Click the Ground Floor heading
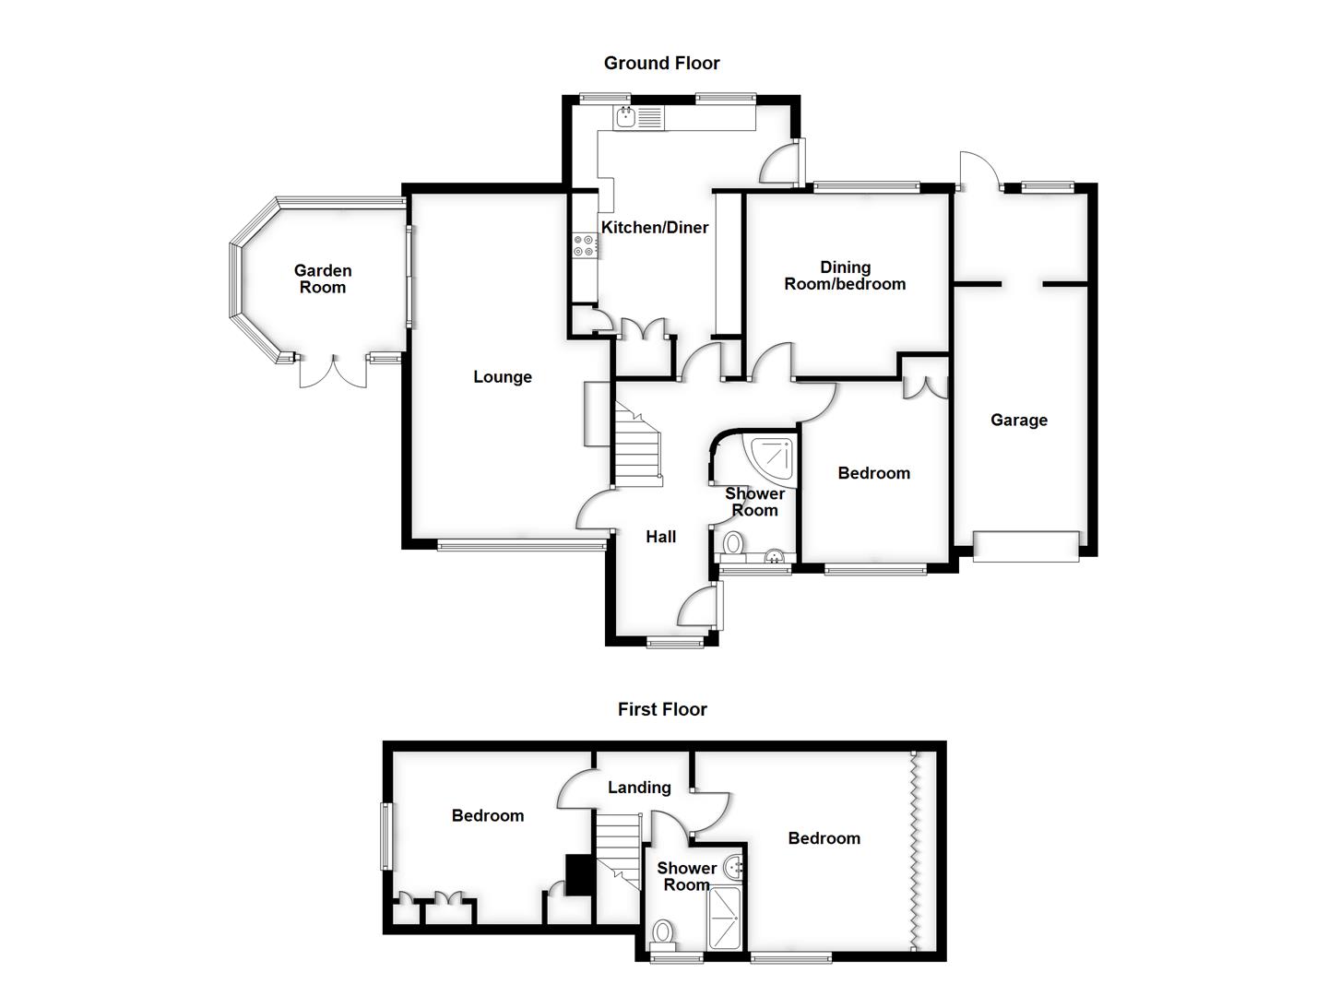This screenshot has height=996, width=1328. [661, 63]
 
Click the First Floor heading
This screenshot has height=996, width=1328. [662, 709]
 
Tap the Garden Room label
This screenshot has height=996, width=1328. [323, 279]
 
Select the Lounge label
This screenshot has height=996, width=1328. [503, 376]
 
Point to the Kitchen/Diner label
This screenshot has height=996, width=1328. [655, 227]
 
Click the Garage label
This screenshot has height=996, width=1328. [1019, 420]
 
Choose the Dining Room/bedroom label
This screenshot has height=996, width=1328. [845, 276]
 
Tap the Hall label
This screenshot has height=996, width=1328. [661, 537]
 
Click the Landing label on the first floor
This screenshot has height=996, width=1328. [639, 787]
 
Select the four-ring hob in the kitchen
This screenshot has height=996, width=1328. [584, 245]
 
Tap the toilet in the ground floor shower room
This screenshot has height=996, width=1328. [734, 542]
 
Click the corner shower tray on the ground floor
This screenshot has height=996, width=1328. [773, 458]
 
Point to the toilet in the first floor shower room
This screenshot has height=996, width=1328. [663, 933]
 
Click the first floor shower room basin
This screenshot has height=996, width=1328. [734, 866]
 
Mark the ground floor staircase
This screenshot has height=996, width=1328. [637, 452]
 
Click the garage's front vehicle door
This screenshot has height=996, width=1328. [1026, 546]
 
